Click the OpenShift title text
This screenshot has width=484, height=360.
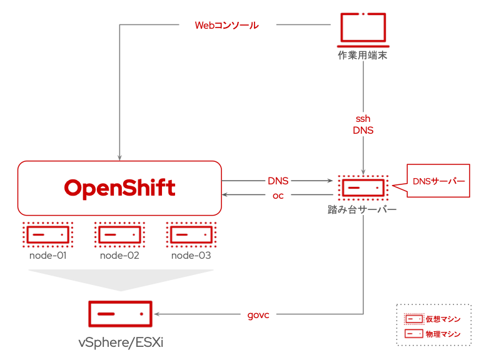click(x=119, y=188)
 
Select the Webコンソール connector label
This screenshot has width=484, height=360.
click(x=226, y=26)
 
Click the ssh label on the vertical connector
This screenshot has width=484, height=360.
click(x=363, y=118)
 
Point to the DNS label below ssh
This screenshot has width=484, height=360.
click(x=363, y=130)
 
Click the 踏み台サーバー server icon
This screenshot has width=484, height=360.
click(x=363, y=188)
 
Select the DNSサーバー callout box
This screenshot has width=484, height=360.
click(x=438, y=181)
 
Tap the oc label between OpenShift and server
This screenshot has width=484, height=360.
click(x=278, y=196)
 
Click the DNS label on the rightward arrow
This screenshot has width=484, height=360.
click(x=278, y=181)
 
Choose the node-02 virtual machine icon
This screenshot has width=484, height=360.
click(x=119, y=234)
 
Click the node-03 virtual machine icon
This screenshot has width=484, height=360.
click(x=191, y=234)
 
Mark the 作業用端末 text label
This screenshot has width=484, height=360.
click(x=363, y=56)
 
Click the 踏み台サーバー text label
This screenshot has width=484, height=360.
click(x=363, y=209)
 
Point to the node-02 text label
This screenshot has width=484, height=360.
click(x=119, y=256)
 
